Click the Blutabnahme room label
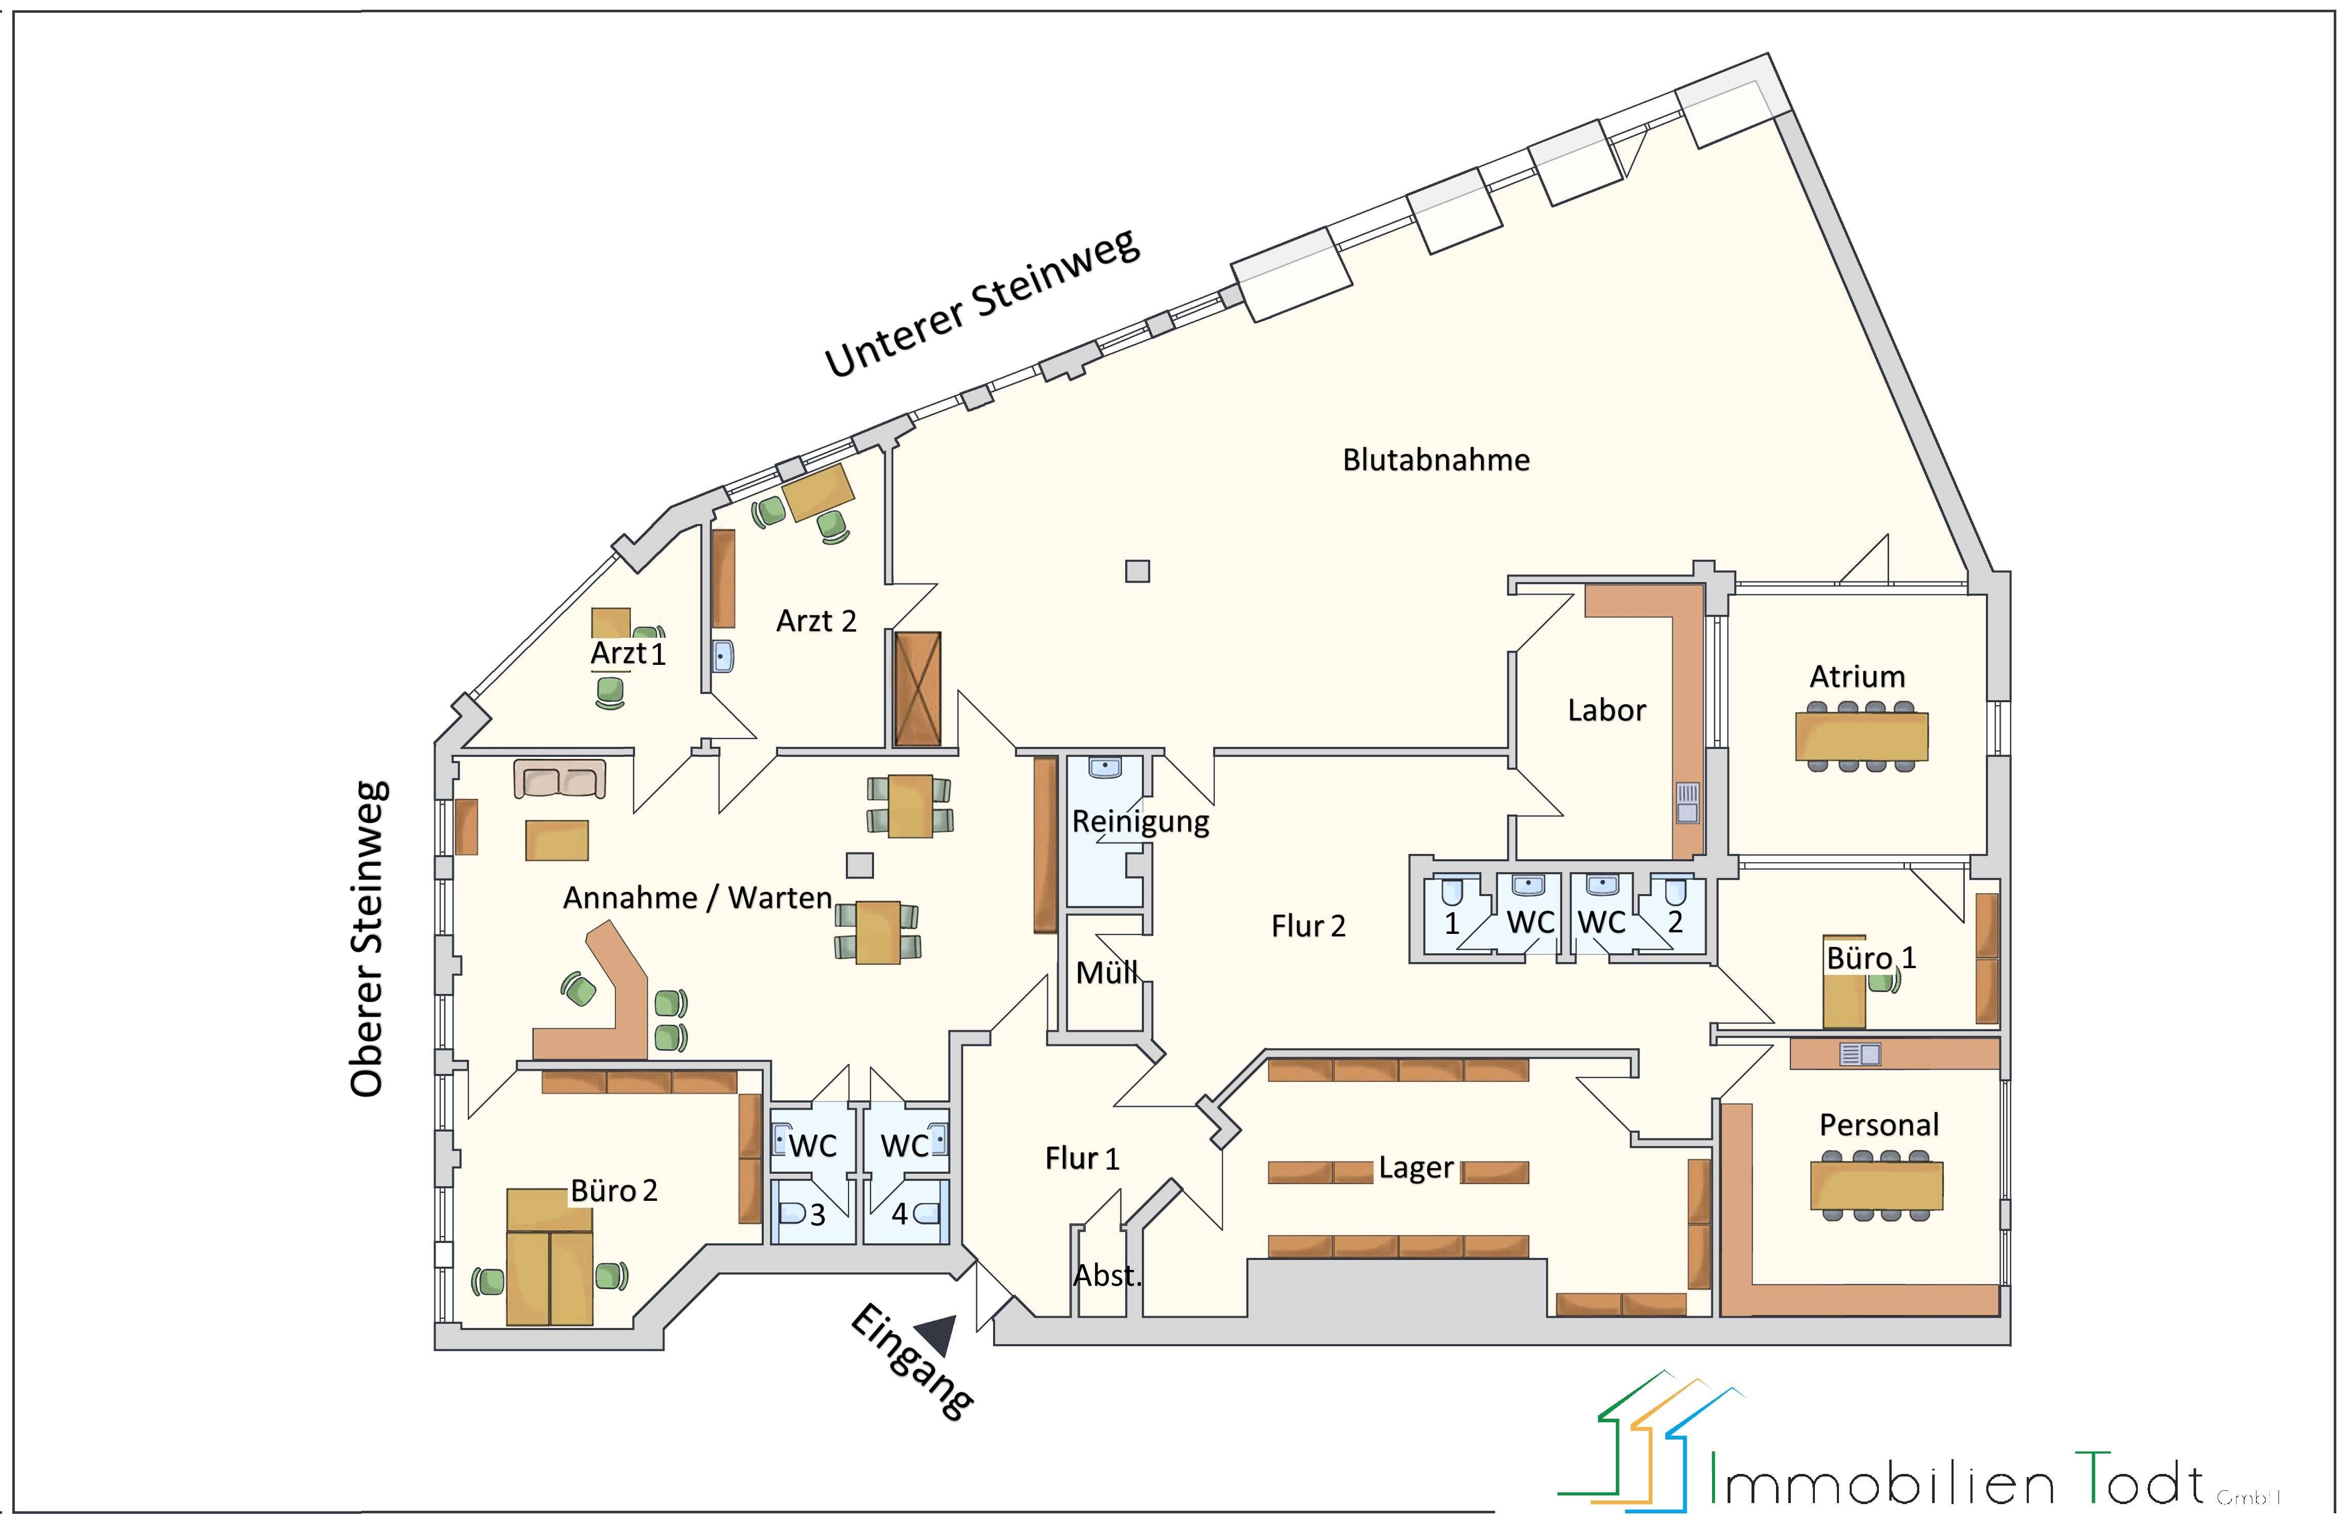(1436, 460)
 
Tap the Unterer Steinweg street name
(982, 303)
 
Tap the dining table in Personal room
(1876, 1186)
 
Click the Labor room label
(1606, 710)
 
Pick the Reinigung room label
(1140, 820)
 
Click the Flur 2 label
(1307, 926)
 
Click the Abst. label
(1106, 1276)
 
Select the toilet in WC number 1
(1451, 892)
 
